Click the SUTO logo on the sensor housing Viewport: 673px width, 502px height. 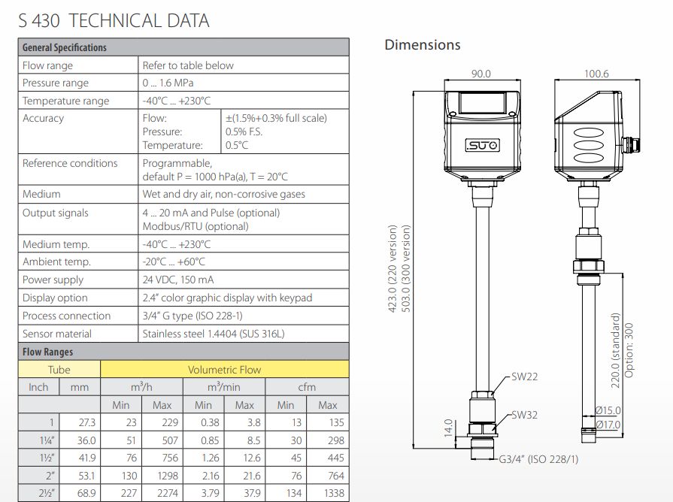[x=483, y=146]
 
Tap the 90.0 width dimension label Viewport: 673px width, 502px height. [x=480, y=74]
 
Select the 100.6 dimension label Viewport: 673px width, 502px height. [x=596, y=74]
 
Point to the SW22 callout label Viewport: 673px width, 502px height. [x=524, y=376]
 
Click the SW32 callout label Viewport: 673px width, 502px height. [x=524, y=415]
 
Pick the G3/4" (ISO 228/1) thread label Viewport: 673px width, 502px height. [x=538, y=459]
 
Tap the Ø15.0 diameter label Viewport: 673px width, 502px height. [x=608, y=410]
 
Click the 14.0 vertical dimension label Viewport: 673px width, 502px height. [x=448, y=428]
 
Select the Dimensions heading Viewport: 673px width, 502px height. [x=423, y=44]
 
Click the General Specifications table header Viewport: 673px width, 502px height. [x=65, y=47]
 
